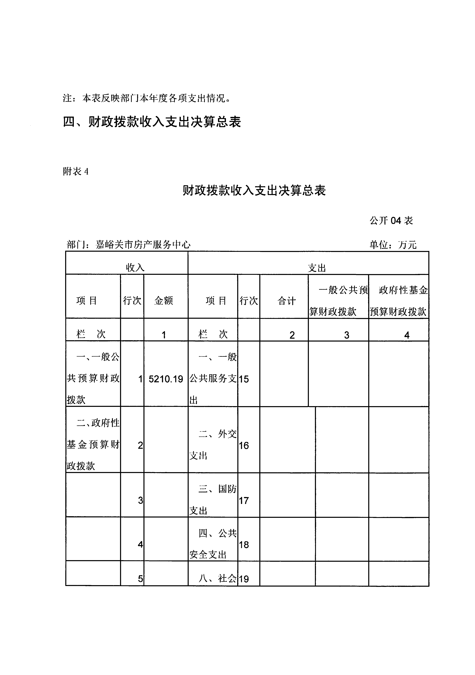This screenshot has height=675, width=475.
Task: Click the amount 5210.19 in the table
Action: pos(166,379)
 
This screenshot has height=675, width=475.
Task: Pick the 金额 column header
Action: pos(164,301)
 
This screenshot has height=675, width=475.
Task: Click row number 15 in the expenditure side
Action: pos(244,379)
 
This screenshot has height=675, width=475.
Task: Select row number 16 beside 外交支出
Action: pos(244,446)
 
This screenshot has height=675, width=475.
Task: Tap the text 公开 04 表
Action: pos(391,220)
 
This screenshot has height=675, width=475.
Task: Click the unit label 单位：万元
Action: pos(393,245)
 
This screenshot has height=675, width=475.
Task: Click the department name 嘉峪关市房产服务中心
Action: pos(143,245)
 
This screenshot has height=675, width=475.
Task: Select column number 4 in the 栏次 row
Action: pos(407,335)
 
